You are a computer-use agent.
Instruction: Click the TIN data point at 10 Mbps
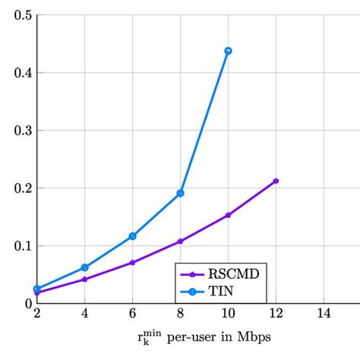[x=228, y=51]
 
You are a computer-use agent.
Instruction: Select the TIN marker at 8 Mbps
[x=180, y=193]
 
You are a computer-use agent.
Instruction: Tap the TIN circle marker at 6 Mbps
[x=132, y=236]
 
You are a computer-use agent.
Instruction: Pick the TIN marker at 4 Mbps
[x=84, y=267]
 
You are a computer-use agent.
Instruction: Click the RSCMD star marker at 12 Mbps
[x=276, y=181]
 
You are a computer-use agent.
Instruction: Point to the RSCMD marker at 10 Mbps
[x=228, y=215]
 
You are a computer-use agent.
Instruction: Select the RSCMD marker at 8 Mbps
[x=180, y=242]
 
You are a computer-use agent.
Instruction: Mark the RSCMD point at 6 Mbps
[x=132, y=262]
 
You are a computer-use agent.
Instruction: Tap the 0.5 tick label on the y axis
[x=24, y=15]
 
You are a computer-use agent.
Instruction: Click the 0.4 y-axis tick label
[x=24, y=73]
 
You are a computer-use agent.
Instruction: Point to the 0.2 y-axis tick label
[x=24, y=188]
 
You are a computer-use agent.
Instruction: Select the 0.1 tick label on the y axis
[x=24, y=246]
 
